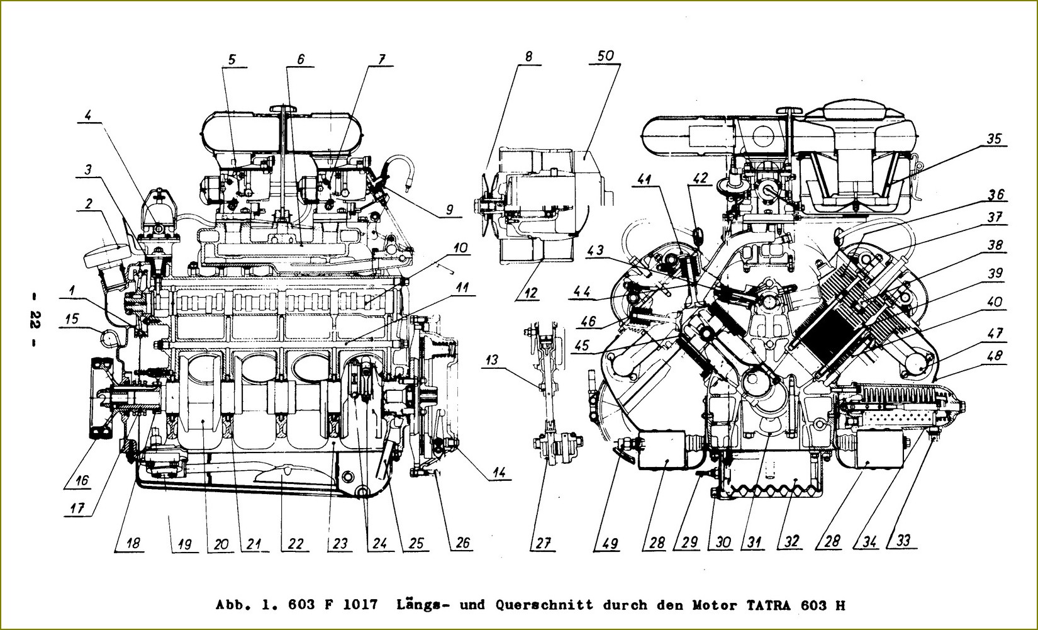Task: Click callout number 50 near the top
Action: coord(605,56)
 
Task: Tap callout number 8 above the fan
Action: coord(528,57)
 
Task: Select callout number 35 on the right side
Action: coord(993,138)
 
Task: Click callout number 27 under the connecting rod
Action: coord(543,543)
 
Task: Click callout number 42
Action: coord(701,177)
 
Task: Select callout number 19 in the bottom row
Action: coord(185,544)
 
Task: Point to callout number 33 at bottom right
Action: coord(903,540)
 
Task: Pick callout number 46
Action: coord(588,321)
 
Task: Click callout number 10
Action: coord(460,247)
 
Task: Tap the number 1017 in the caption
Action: coord(358,605)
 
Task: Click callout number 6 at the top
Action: coord(301,59)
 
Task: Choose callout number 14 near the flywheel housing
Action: coord(499,472)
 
